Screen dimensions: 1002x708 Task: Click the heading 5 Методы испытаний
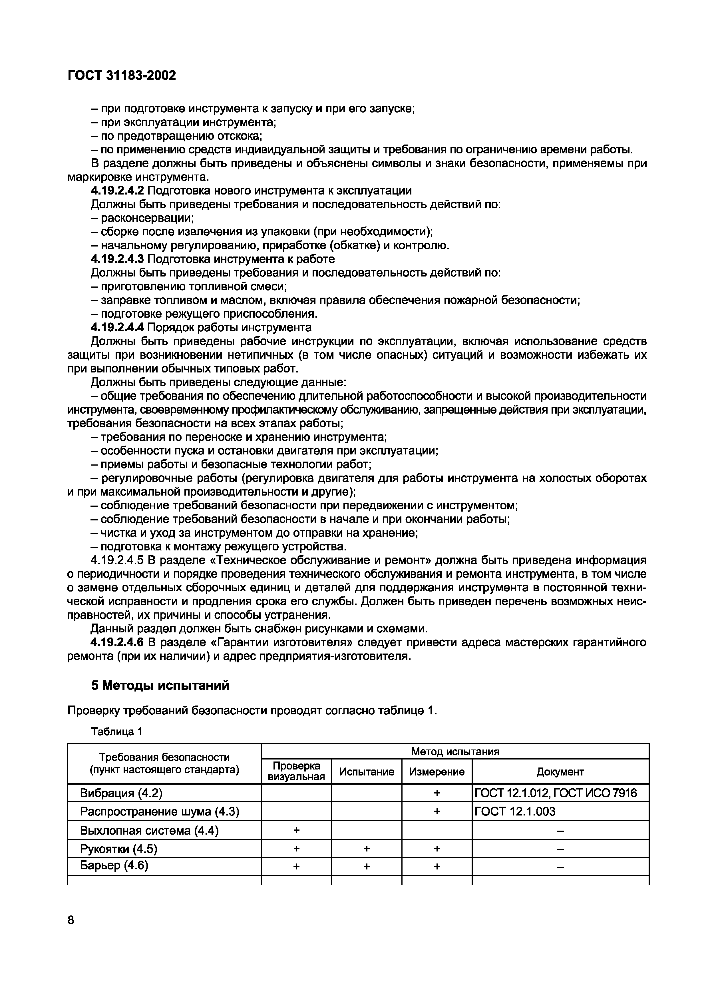click(x=160, y=686)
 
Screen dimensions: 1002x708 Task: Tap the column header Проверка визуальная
click(x=296, y=771)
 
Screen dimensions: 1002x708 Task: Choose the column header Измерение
click(x=437, y=772)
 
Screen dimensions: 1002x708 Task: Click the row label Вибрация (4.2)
click(x=121, y=793)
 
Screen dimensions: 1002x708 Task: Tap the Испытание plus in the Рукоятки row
click(x=367, y=848)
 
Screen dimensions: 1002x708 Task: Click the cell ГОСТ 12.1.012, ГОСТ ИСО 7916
click(x=555, y=793)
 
